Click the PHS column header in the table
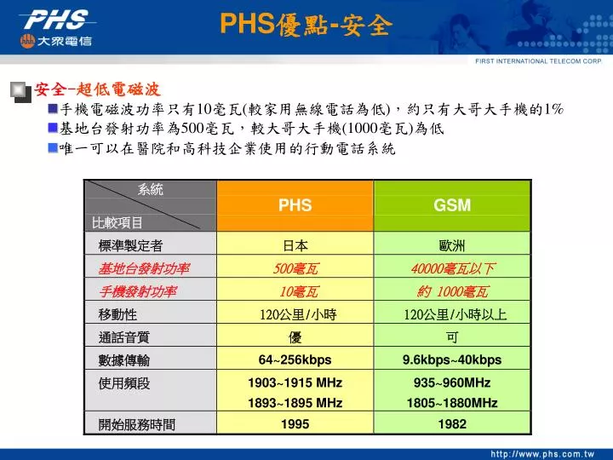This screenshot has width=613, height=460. tap(295, 205)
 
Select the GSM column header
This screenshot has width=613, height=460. tap(452, 205)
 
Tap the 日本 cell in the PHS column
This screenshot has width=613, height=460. tap(295, 245)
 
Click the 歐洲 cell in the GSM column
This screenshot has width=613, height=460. tap(452, 245)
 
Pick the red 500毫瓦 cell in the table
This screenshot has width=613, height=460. tap(295, 268)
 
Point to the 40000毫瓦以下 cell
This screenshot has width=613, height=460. tap(452, 268)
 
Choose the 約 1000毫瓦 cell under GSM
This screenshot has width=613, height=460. tap(452, 291)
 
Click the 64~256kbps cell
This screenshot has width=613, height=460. tap(295, 359)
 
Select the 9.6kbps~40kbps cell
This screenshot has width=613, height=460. tap(452, 359)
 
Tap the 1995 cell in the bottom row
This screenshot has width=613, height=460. tap(295, 423)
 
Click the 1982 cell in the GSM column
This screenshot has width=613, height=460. tap(452, 423)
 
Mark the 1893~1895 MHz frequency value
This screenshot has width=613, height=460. tap(295, 402)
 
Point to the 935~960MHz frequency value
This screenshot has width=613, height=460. tap(452, 382)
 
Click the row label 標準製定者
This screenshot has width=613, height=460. tap(130, 245)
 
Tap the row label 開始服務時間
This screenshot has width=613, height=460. tap(137, 423)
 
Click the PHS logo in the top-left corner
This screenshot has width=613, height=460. tap(60, 26)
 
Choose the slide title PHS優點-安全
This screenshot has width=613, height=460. tap(306, 26)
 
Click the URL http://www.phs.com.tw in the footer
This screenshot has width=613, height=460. tap(545, 451)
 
